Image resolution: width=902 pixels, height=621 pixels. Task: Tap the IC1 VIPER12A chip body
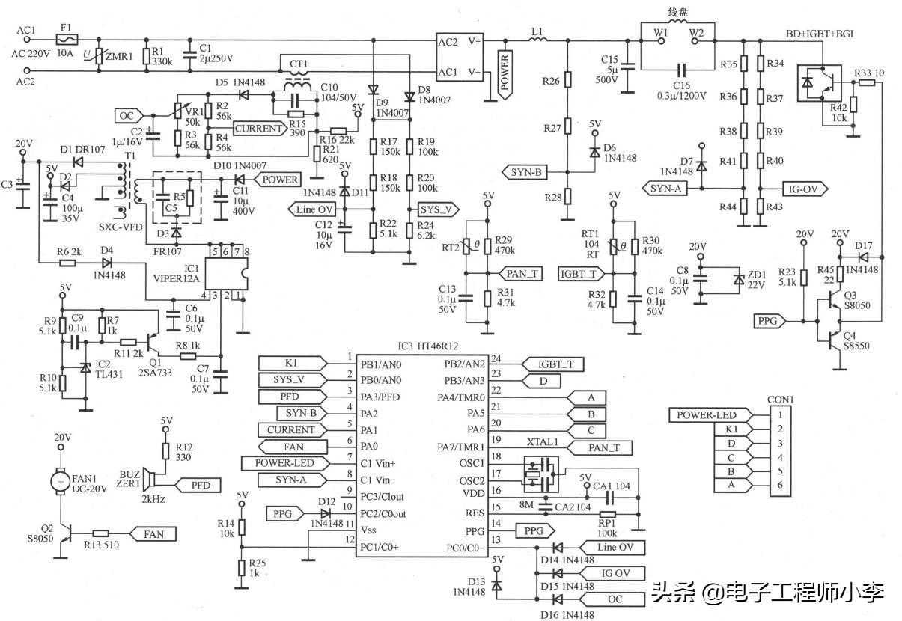(x=224, y=274)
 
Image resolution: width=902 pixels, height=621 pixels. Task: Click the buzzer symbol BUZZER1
(x=150, y=479)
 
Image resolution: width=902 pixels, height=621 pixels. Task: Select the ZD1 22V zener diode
(x=740, y=279)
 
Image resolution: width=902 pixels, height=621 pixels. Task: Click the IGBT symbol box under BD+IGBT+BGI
(x=820, y=83)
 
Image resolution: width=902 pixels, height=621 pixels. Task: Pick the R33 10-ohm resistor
(x=866, y=82)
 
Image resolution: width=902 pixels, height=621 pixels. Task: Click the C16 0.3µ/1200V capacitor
(x=680, y=68)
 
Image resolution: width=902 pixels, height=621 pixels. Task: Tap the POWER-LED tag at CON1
(x=707, y=415)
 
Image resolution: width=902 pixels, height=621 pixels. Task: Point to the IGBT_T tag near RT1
(x=579, y=275)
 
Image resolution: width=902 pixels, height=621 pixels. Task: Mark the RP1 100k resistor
(x=607, y=515)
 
